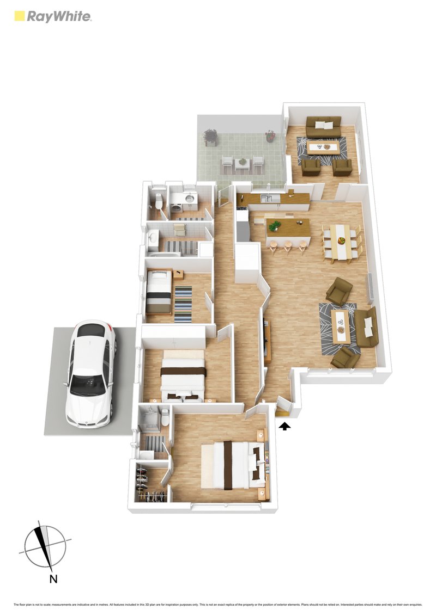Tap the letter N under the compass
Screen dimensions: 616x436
(x=53, y=579)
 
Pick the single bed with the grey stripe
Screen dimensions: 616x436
(x=159, y=292)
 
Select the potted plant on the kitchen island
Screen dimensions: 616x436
(x=275, y=225)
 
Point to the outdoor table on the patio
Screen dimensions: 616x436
(x=242, y=163)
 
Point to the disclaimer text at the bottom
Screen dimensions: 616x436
(x=218, y=605)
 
